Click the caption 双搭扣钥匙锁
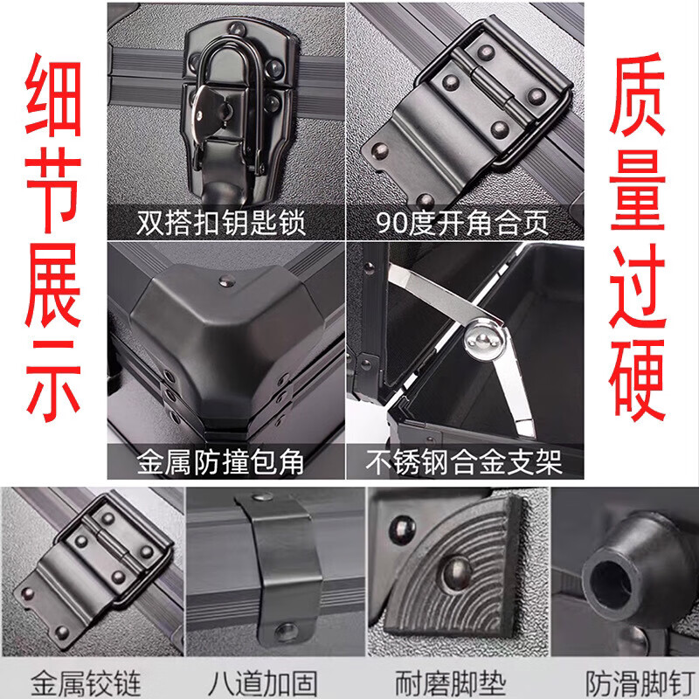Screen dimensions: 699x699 [221, 223]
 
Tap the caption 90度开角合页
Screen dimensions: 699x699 [462, 223]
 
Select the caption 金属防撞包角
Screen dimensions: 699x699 [221, 462]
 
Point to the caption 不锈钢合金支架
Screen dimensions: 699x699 [464, 462]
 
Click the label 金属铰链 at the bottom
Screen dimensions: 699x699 [86, 683]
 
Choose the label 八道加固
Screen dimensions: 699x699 [263, 683]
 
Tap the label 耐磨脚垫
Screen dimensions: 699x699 [450, 683]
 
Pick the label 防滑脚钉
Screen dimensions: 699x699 [640, 683]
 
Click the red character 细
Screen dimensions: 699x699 [53, 95]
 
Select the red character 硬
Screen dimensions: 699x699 [637, 380]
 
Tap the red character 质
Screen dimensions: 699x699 [638, 93]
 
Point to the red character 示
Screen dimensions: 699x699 [53, 382]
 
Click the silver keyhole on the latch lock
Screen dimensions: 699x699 [220, 112]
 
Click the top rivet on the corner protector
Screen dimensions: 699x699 [227, 281]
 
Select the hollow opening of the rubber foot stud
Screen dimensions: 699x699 [610, 585]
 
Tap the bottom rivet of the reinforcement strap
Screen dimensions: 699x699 [286, 632]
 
